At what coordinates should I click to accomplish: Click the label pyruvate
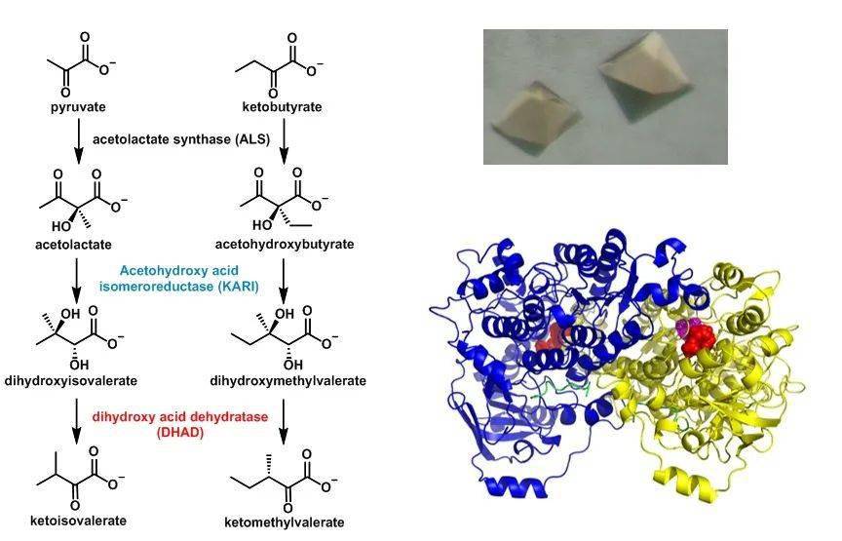click(78, 107)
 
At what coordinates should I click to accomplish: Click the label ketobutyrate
click(282, 107)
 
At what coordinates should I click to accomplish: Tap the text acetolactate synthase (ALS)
click(181, 139)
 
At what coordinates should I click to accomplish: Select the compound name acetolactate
click(73, 245)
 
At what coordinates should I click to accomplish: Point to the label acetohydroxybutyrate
click(285, 244)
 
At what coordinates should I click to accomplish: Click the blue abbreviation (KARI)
click(239, 287)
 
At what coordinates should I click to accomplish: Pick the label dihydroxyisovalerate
click(71, 381)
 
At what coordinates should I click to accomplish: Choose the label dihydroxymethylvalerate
click(287, 381)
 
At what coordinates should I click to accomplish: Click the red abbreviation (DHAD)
click(180, 433)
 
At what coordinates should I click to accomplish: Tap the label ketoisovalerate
click(78, 521)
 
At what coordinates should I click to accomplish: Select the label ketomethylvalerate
click(284, 522)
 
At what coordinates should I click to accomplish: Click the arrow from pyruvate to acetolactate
click(78, 140)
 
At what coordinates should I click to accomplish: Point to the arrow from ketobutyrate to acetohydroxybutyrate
click(284, 140)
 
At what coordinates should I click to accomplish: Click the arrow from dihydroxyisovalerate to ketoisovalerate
click(77, 421)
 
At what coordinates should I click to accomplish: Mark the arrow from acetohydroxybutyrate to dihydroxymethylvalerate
click(284, 281)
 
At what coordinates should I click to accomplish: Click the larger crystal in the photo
click(644, 75)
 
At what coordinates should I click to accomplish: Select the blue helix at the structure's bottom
click(516, 486)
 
